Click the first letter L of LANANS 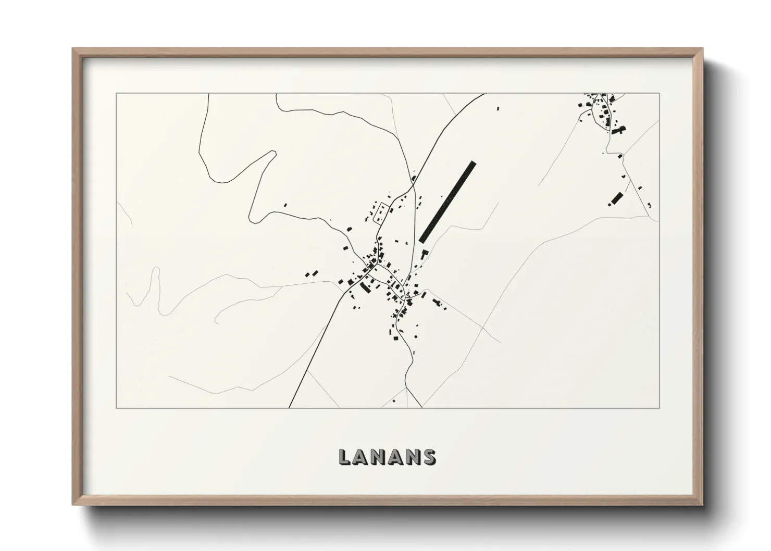coord(345,457)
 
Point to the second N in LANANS coord(413,457)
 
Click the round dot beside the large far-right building coord(609,204)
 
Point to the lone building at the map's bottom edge coord(394,401)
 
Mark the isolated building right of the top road coord(498,108)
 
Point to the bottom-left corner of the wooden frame coord(73,505)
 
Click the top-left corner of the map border coord(116,93)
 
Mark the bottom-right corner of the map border coord(659,408)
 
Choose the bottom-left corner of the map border coord(116,408)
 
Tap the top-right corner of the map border coord(659,93)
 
